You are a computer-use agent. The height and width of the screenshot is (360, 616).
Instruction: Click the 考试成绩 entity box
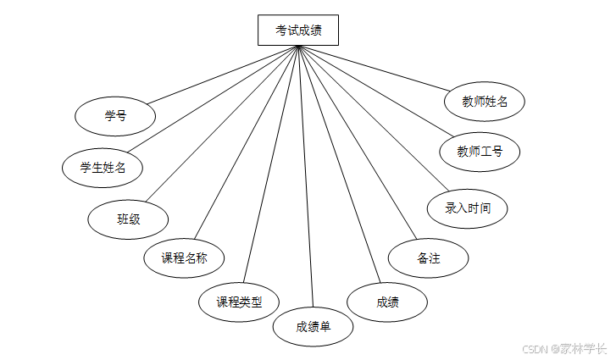tap(297, 30)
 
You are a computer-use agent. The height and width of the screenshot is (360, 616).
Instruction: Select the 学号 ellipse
tap(115, 116)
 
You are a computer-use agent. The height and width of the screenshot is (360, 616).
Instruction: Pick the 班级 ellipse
tap(128, 219)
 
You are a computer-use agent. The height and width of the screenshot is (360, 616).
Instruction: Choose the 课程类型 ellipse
tap(238, 301)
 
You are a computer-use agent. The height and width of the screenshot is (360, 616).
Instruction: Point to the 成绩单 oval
tap(313, 326)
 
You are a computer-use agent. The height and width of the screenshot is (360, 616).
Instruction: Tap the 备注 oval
tap(428, 258)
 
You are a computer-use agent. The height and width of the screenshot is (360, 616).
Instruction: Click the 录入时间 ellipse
tap(468, 208)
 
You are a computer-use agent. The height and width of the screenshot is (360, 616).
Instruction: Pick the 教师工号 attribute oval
tap(480, 152)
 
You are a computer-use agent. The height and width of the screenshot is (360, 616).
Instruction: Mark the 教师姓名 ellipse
tap(485, 102)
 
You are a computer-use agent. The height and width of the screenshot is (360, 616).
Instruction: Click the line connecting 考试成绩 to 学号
tap(226, 75)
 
